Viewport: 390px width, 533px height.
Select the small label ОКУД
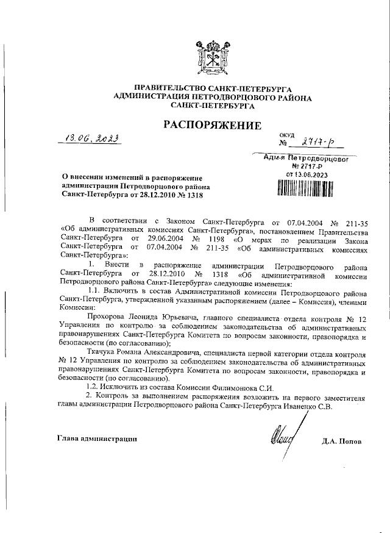coord(286,135)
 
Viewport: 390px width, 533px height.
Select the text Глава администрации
coord(97,438)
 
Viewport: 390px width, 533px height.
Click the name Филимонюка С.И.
coord(249,388)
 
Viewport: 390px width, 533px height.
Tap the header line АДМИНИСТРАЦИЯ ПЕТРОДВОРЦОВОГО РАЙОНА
coord(213,98)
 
